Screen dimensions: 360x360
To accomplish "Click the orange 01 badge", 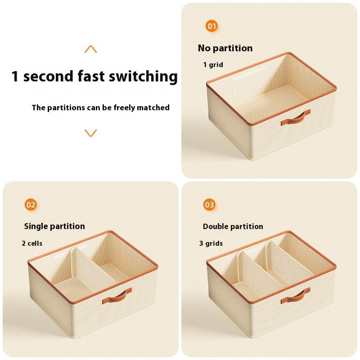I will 211,26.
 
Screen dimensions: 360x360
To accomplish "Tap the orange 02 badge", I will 31,205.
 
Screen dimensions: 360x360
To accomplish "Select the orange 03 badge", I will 209,205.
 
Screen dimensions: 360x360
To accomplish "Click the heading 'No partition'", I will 225,48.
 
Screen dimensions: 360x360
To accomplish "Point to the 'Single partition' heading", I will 54,226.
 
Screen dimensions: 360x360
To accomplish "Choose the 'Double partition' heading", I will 233,226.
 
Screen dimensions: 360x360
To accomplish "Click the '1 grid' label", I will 213,65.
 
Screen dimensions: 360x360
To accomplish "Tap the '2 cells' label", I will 32,243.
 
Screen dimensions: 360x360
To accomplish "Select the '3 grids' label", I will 211,243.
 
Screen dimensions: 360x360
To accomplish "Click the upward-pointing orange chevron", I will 90,49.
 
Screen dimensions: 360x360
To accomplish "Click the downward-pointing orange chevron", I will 90,133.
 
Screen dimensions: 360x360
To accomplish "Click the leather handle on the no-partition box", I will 296,118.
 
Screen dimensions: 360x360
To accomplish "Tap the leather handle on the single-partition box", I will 117,296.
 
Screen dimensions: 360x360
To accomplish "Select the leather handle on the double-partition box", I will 295,296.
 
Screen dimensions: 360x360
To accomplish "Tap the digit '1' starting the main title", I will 15,76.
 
